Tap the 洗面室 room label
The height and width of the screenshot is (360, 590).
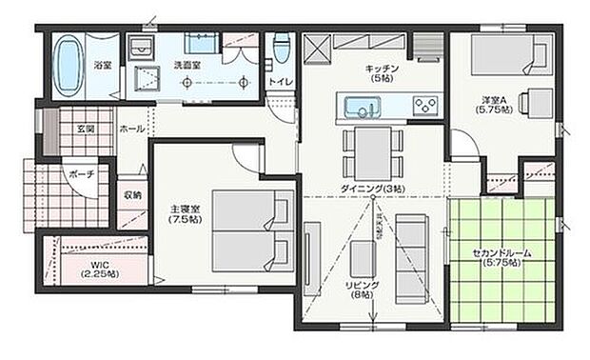coord(187,66)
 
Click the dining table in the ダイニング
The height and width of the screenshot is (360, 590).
coord(373,151)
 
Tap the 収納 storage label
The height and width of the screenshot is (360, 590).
coord(131,195)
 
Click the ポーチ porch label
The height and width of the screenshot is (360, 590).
coord(81,173)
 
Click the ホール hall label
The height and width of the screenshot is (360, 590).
coord(131,128)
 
